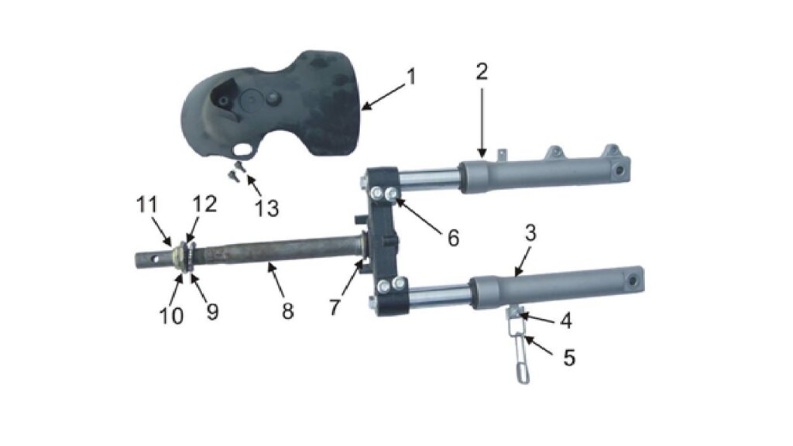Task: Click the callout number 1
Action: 412,77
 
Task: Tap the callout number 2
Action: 482,72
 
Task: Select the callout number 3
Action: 530,232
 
